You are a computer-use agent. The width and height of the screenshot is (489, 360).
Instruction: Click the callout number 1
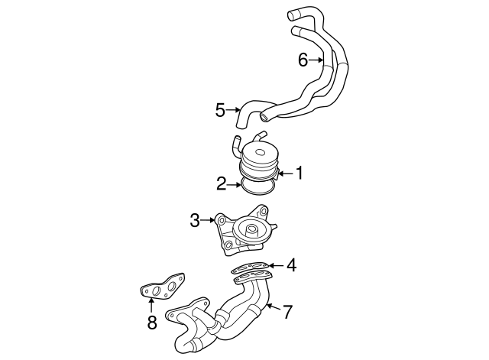pyautogui.click(x=300, y=174)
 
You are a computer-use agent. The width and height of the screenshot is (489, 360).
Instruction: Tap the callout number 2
pyautogui.click(x=221, y=183)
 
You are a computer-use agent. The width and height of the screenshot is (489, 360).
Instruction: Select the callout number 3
pyautogui.click(x=195, y=222)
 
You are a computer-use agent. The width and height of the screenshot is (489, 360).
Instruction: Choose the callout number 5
pyautogui.click(x=221, y=110)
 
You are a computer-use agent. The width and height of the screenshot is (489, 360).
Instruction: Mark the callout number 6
pyautogui.click(x=303, y=59)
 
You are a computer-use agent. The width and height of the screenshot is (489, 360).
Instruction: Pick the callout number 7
pyautogui.click(x=288, y=311)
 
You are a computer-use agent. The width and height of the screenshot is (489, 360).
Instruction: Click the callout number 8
pyautogui.click(x=151, y=322)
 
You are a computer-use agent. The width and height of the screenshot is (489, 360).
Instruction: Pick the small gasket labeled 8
pyautogui.click(x=163, y=287)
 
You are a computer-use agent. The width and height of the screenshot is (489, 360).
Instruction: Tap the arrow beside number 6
pyautogui.click(x=316, y=59)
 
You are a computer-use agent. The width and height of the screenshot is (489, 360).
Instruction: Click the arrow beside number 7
pyautogui.click(x=274, y=309)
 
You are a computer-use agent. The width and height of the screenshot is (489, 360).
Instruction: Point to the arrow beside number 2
pyautogui.click(x=235, y=183)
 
